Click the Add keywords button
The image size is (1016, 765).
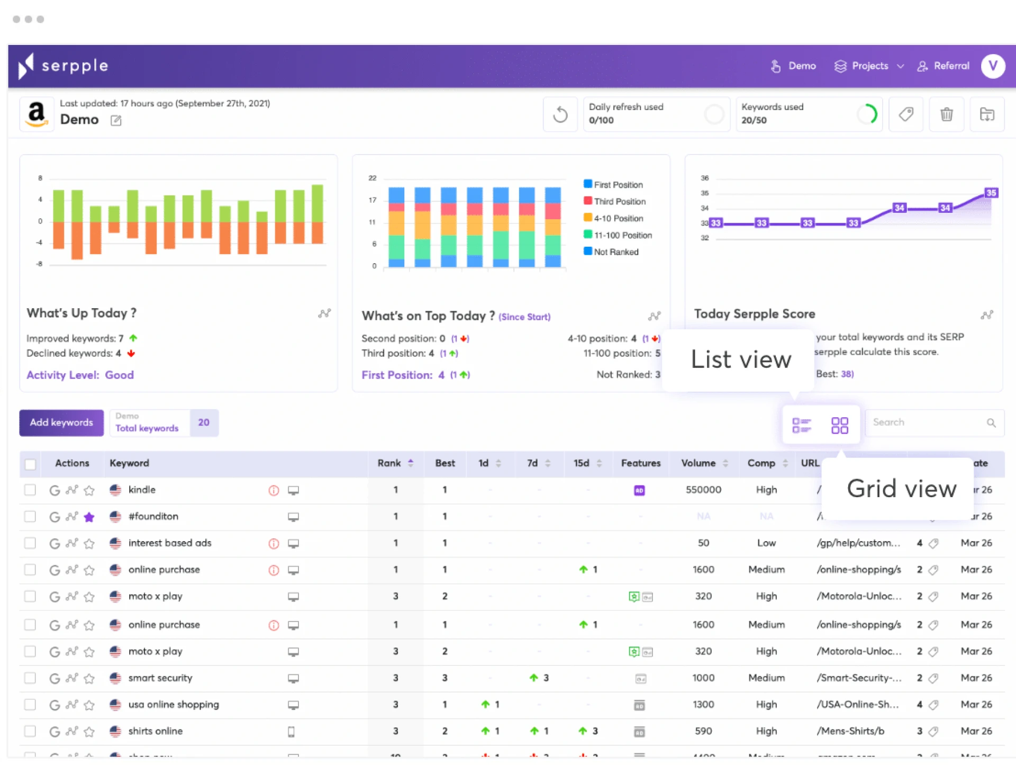point(61,422)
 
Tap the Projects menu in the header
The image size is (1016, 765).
point(869,66)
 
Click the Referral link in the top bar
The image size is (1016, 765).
point(945,66)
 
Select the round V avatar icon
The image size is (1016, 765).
point(993,66)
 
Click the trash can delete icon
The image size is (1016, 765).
point(946,114)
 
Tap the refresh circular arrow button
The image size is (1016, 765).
point(560,114)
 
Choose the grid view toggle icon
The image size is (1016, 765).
point(839,425)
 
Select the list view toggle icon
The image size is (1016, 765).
point(801,425)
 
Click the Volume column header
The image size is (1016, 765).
point(698,463)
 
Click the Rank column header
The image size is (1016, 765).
point(389,463)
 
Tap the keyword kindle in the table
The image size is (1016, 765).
point(142,490)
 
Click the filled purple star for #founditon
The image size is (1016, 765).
point(89,517)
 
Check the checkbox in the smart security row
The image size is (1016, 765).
point(30,678)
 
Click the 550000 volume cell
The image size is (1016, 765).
point(703,490)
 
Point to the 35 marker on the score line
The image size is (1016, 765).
point(991,193)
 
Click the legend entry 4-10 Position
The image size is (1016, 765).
point(618,218)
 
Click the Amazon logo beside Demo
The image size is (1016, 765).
point(37,114)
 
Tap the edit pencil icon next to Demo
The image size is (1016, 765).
point(116,121)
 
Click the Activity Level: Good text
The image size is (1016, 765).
point(80,375)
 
